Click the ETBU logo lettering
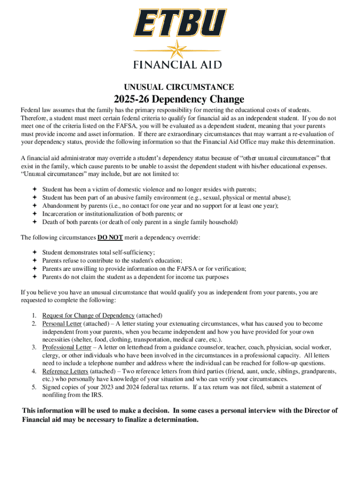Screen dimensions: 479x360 coord(180,22)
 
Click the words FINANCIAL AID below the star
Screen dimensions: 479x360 coord(180,65)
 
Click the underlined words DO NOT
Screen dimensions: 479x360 coord(110,238)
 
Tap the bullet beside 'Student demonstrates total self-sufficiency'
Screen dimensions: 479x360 coord(34,252)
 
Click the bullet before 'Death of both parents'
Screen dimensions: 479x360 coord(34,222)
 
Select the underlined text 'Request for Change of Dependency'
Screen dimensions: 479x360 coord(88,315)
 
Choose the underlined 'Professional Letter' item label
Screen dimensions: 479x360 coord(67,348)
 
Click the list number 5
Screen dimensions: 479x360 coord(34,387)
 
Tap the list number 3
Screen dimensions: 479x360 coord(34,348)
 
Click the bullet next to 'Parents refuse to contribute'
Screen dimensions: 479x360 coord(34,261)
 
